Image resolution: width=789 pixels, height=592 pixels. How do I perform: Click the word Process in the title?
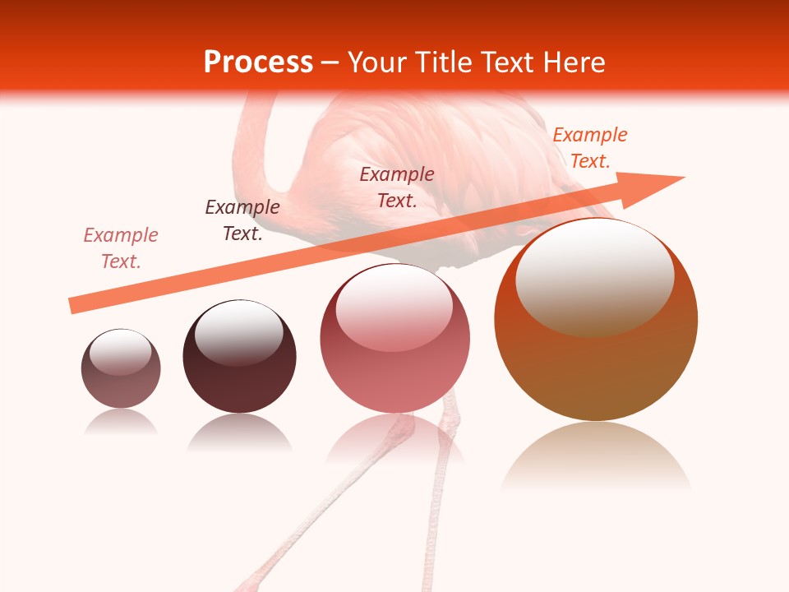click(x=258, y=62)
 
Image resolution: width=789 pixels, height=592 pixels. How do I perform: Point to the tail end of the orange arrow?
click(x=72, y=306)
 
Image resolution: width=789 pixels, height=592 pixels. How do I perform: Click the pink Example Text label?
click(x=121, y=248)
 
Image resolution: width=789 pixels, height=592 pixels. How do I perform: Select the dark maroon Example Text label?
click(x=242, y=220)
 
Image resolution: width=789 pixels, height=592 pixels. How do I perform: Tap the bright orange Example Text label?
click(x=590, y=148)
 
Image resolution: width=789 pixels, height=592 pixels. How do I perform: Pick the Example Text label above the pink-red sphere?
click(x=397, y=187)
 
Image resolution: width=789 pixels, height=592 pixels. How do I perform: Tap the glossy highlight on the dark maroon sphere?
click(x=238, y=332)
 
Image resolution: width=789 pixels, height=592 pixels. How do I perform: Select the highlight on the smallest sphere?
click(x=121, y=352)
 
